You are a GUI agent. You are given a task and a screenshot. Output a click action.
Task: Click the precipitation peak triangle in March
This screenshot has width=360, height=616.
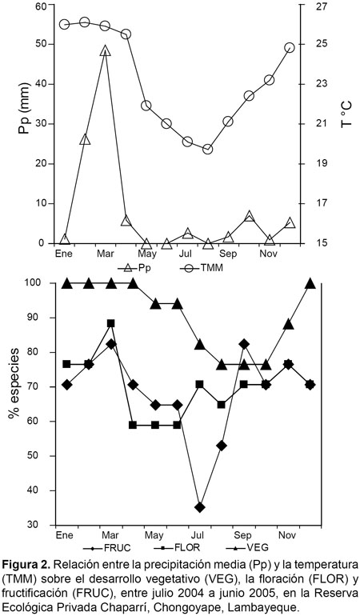[x=105, y=50]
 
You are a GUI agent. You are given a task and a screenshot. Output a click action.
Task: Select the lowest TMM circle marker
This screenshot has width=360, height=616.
[x=208, y=150]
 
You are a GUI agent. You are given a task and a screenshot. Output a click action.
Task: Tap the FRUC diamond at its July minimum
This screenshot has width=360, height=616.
[x=200, y=507]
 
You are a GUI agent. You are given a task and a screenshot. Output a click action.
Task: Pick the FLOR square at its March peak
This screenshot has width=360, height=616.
[x=111, y=323]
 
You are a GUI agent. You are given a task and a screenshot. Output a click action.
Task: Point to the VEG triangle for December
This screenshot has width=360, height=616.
[x=310, y=283]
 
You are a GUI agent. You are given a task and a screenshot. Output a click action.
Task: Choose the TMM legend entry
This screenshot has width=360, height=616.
[x=202, y=268]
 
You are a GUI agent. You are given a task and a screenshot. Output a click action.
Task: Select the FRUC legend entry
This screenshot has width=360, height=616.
[x=106, y=547]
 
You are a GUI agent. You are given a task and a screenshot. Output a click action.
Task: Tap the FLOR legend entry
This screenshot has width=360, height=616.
[x=178, y=547]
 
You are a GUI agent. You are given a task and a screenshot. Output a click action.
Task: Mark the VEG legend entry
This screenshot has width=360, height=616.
[x=247, y=547]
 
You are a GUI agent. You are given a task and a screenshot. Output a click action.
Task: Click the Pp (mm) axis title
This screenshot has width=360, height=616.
[x=25, y=109]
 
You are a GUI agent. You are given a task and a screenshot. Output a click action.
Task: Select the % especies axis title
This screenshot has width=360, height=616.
[x=14, y=387]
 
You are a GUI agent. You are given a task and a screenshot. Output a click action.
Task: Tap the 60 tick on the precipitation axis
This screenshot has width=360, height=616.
[x=41, y=6]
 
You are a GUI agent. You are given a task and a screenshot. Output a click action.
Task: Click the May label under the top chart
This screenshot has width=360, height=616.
[x=147, y=254]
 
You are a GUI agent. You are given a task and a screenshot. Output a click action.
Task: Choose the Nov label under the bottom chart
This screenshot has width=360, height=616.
[x=288, y=535]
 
